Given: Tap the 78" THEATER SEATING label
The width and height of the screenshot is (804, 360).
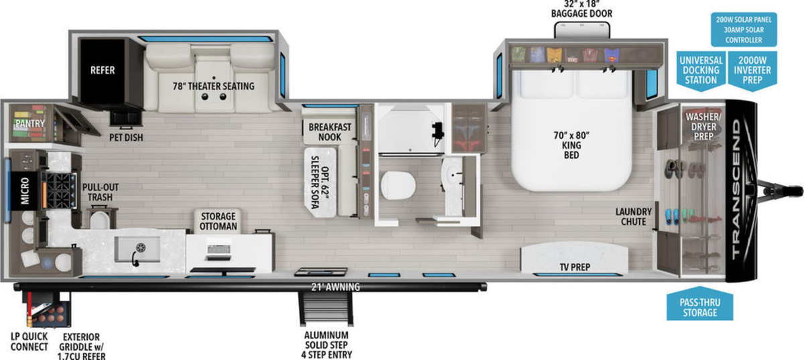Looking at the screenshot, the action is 214,86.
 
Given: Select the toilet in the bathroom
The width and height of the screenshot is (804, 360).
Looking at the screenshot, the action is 398,184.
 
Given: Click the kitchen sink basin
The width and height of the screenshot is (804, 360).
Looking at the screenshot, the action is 137,249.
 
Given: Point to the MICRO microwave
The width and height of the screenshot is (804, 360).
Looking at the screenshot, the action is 24,191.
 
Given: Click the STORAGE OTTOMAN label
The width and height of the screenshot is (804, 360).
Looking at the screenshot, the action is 218,221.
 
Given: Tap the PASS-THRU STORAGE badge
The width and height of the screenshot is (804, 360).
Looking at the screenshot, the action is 700,304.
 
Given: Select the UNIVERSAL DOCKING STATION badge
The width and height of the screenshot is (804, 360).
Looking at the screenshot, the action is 701,70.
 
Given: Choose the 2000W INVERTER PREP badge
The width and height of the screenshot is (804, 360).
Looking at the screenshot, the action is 752,70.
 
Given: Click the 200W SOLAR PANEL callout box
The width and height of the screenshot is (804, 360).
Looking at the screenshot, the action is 744,29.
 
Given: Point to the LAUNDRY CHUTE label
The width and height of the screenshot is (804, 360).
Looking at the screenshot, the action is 634,217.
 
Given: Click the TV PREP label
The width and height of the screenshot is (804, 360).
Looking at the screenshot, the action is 575,267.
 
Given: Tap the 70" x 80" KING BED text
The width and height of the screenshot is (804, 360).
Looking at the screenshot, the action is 572,145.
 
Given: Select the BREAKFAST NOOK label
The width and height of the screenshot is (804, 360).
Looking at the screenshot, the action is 330,132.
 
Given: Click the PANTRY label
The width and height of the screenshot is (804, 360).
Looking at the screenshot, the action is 30,123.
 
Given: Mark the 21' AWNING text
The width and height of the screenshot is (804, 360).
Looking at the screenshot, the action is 335,287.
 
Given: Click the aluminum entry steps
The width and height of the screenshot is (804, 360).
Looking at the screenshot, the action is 326,309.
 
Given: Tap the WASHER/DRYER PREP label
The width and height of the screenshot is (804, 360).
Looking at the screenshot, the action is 703,127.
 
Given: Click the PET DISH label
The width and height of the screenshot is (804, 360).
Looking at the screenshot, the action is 126,137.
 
